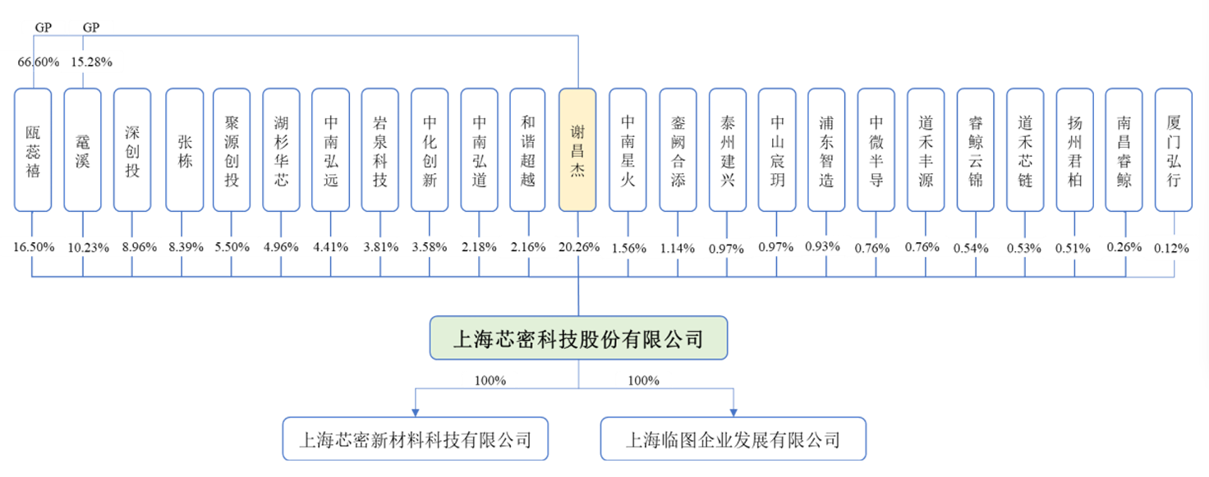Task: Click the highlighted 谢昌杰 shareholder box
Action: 578,149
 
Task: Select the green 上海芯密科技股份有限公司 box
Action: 578,338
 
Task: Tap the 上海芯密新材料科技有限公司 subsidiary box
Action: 415,439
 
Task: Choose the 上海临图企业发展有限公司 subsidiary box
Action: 733,439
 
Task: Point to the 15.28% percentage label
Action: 91,62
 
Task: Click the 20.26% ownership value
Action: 578,247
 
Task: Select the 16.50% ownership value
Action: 34,247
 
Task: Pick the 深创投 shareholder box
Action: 132,149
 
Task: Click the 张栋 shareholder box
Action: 185,149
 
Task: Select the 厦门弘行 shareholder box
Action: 1174,149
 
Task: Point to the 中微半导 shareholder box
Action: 876,149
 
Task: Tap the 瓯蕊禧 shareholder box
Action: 33,149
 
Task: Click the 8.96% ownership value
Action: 132,247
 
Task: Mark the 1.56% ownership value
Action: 628,247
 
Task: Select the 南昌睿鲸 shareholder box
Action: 1124,149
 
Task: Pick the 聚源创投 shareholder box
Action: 232,149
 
